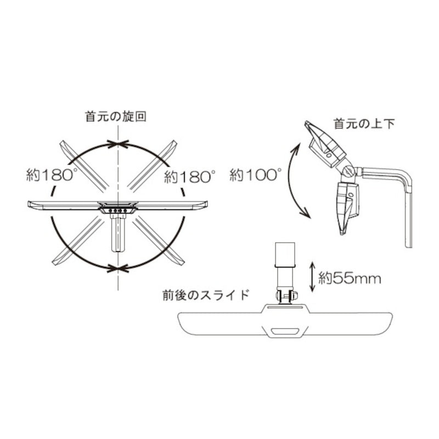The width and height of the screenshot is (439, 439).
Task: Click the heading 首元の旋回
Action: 116,116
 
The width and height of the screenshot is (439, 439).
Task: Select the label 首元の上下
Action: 364,124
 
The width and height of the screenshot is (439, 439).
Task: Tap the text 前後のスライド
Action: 206,295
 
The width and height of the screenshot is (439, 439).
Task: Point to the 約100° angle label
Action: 256,175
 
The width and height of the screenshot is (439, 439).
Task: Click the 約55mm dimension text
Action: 350,279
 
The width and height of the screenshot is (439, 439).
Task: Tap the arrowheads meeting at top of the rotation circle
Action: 118,144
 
